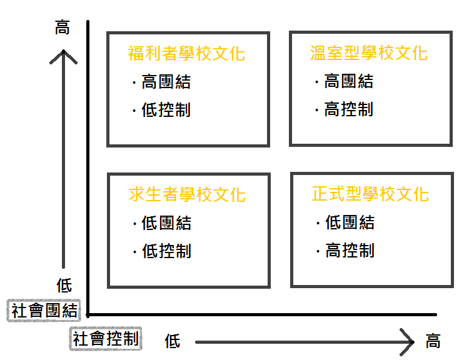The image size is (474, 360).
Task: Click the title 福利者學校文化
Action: click(186, 53)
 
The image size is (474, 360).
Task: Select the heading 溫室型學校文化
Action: click(369, 52)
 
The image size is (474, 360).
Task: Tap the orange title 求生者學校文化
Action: click(186, 194)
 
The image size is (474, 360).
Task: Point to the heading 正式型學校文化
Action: click(370, 194)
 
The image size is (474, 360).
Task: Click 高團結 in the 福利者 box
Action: click(166, 82)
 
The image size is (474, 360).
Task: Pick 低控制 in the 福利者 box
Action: click(166, 110)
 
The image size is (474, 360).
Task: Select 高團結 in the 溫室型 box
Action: click(348, 81)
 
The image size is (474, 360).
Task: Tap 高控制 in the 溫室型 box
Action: click(348, 109)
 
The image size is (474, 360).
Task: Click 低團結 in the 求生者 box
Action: click(166, 223)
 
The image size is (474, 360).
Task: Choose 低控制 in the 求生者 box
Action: click(166, 251)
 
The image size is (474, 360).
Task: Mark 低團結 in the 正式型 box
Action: click(350, 222)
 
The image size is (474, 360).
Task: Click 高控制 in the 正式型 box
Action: click(350, 251)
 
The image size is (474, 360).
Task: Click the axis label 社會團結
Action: click(44, 311)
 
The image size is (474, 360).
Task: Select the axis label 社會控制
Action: click(106, 339)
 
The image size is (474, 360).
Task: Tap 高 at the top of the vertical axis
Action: click(63, 28)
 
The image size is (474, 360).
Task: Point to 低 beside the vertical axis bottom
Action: click(64, 286)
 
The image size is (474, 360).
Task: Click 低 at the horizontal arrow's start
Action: click(173, 341)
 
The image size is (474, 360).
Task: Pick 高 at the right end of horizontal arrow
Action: click(433, 341)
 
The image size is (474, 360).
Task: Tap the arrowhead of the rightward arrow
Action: click(410, 342)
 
